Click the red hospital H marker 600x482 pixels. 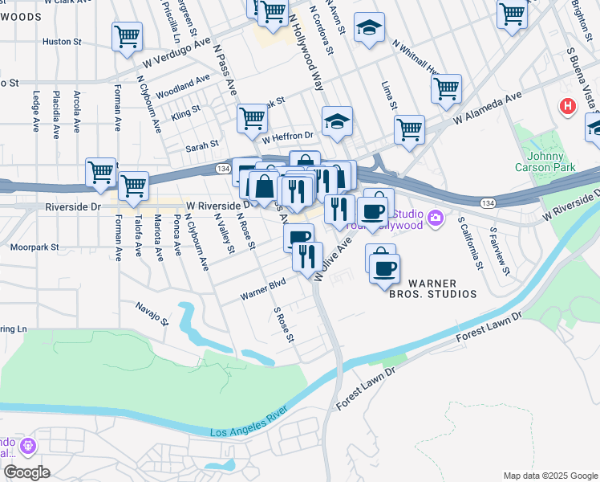click(568, 106)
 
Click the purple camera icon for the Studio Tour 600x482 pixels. click(435, 218)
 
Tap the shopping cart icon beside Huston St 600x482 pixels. click(128, 37)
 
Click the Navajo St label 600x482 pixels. click(152, 313)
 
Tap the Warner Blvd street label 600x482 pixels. click(264, 290)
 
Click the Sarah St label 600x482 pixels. click(202, 145)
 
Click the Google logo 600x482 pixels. click(26, 472)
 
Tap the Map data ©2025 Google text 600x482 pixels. click(549, 476)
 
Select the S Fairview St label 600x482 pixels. click(499, 251)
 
